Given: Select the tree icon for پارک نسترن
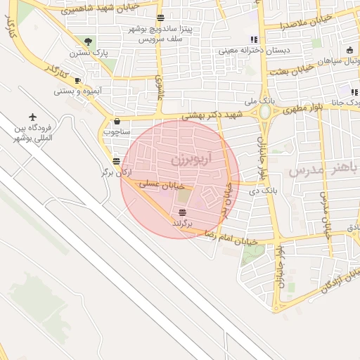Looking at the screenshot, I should click(x=87, y=41).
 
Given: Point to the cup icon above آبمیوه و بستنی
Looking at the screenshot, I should click(x=77, y=80).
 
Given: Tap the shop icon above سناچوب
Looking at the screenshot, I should click(x=116, y=120).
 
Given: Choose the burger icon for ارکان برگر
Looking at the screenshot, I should click(x=116, y=161).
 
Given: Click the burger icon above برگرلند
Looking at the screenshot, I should click(x=183, y=212).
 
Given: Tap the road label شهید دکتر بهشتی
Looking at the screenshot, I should click(x=212, y=114).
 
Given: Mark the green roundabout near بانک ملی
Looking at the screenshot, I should click(x=265, y=112).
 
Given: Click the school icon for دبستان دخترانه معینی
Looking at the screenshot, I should click(x=254, y=40).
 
